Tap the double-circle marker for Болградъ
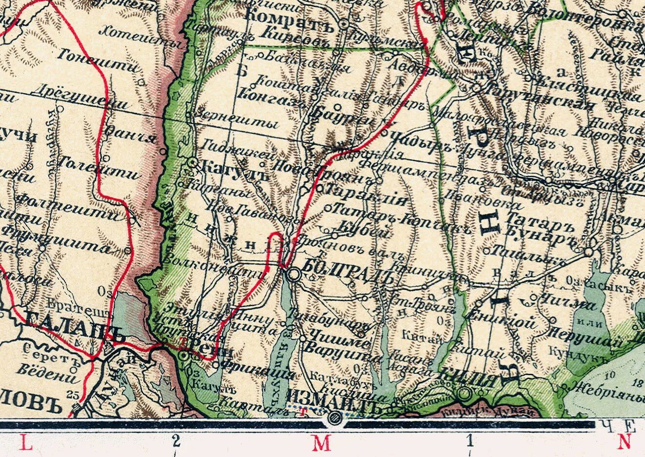(x=294, y=275)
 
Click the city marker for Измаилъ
(x=334, y=417)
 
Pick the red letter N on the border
(x=624, y=442)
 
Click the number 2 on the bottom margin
(x=176, y=441)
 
